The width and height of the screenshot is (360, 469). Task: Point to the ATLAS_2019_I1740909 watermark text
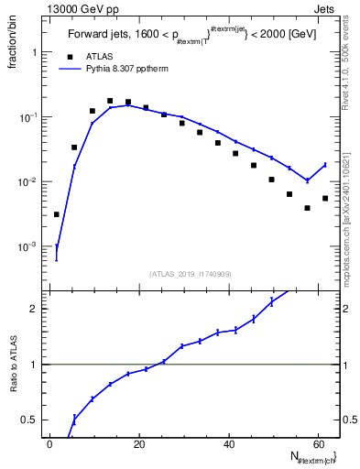coord(191,274)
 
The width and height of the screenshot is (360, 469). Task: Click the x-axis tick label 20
coord(138,444)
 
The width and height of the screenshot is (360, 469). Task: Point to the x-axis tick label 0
coord(49,444)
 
